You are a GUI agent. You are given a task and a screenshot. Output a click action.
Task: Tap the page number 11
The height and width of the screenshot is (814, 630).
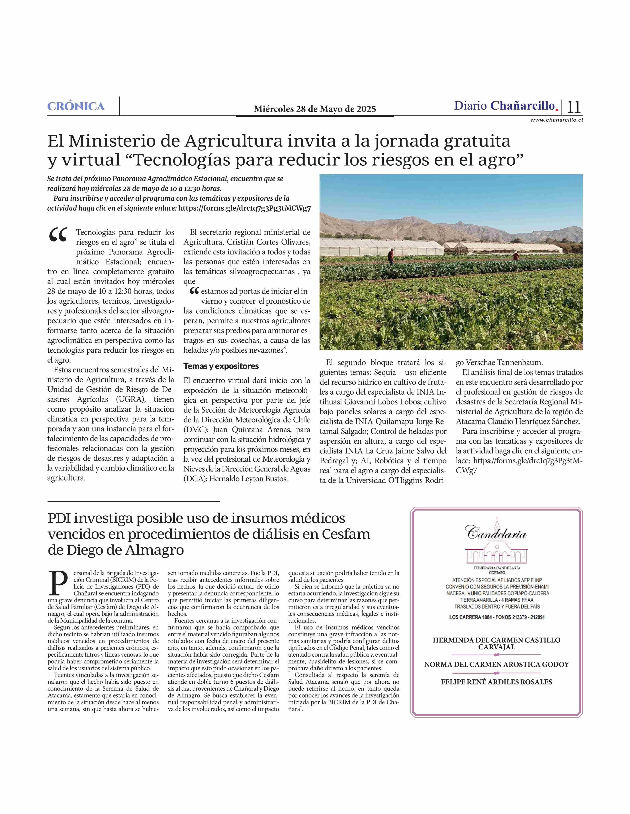(x=574, y=107)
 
